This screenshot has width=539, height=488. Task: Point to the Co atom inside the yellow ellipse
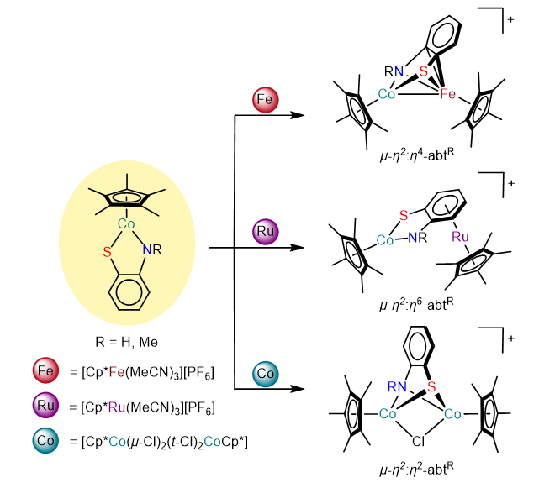click(x=126, y=224)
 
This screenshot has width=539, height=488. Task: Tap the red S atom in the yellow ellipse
click(x=108, y=249)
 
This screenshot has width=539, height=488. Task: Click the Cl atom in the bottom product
click(x=417, y=439)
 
